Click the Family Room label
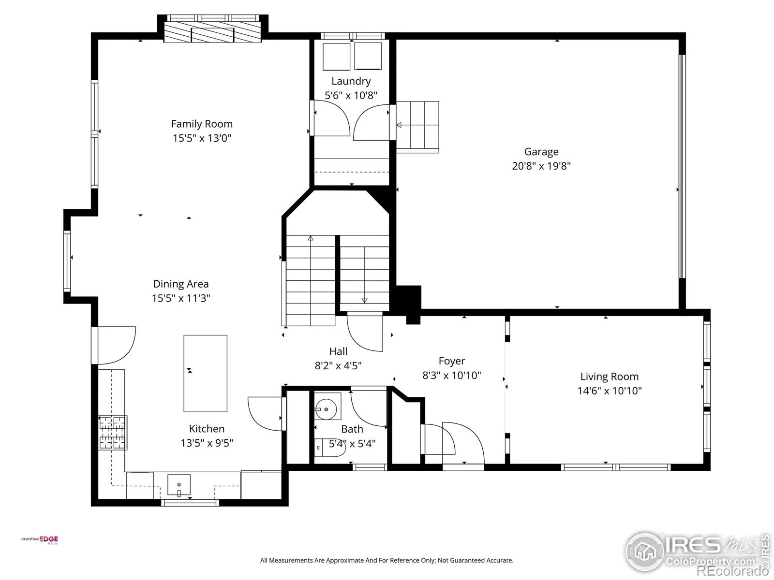coord(202,124)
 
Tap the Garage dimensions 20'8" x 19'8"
coord(541,166)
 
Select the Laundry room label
coord(351,81)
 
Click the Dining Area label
coord(181,284)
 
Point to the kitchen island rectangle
coord(205,373)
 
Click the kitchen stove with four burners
coord(113,433)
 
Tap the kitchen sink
coord(179,485)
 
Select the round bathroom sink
coord(326,409)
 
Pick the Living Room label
coord(610,377)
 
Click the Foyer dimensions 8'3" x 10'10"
coord(452,376)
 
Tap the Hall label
coord(338,351)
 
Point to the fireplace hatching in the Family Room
coord(213,32)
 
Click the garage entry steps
coord(417,127)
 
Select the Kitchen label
coord(207,429)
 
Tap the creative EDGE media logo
coord(40,540)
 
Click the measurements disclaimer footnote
coord(387,560)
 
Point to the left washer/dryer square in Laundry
coord(336,57)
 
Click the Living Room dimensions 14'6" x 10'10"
coord(610,391)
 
